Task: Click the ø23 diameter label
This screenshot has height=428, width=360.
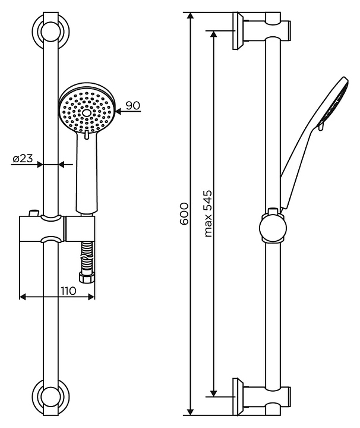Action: pyautogui.click(x=23, y=158)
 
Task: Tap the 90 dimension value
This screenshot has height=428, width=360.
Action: pyautogui.click(x=133, y=105)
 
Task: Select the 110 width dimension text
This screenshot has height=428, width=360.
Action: pyautogui.click(x=68, y=291)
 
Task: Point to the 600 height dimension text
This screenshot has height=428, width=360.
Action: pyautogui.click(x=184, y=213)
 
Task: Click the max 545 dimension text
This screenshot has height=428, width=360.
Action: pyautogui.click(x=208, y=213)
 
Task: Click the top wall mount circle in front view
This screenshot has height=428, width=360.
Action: pyautogui.click(x=50, y=32)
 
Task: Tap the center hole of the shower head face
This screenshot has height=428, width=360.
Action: pyautogui.click(x=87, y=112)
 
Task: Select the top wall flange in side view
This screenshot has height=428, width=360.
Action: pyautogui.click(x=238, y=31)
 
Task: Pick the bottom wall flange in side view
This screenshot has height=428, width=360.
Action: pyautogui.click(x=238, y=396)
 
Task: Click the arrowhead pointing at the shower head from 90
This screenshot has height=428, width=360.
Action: pyautogui.click(x=119, y=111)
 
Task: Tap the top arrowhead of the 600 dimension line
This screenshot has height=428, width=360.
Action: pyautogui.click(x=191, y=16)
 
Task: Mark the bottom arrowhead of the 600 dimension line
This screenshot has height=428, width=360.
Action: pyautogui.click(x=191, y=411)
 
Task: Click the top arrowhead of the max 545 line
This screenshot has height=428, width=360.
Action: pyautogui.click(x=214, y=34)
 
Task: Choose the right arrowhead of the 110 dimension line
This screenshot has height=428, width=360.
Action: pyautogui.click(x=91, y=297)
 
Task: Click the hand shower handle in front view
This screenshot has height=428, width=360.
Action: pyautogui.click(x=87, y=172)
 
